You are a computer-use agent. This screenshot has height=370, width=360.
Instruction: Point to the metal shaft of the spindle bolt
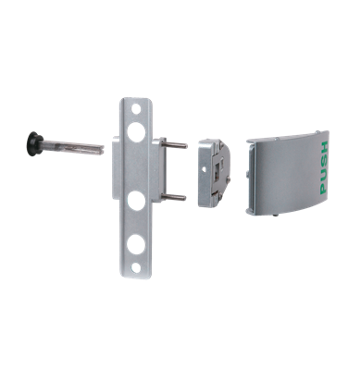[x=74, y=146]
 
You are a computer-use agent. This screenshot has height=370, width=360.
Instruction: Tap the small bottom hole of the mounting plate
[x=136, y=269]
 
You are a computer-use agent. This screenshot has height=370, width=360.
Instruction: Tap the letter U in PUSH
[x=322, y=173]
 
